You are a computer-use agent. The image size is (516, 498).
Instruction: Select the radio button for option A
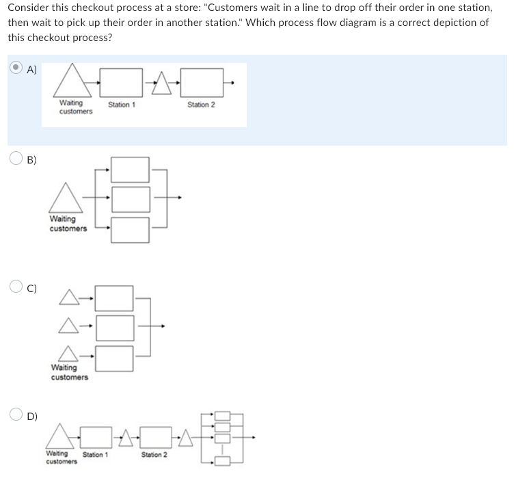pyautogui.click(x=16, y=67)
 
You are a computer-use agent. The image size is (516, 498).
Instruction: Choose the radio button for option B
pyautogui.click(x=16, y=158)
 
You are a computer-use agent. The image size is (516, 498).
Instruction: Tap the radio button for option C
pyautogui.click(x=16, y=286)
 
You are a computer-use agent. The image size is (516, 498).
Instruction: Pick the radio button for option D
pyautogui.click(x=16, y=414)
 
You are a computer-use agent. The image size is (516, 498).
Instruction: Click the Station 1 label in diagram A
pyautogui.click(x=122, y=105)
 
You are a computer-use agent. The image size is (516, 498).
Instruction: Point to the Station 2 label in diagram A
pyautogui.click(x=201, y=105)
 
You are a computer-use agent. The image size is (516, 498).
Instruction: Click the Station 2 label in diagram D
pyautogui.click(x=154, y=454)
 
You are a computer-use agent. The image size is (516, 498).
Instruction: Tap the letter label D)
pyautogui.click(x=32, y=417)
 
